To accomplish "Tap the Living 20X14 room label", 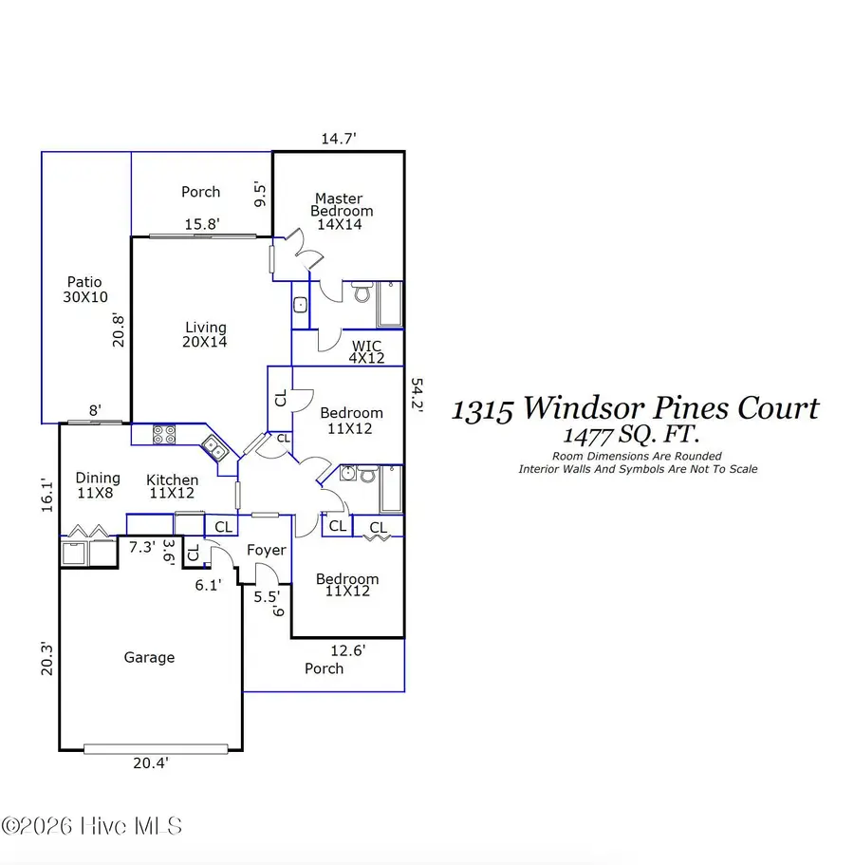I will point(205,334).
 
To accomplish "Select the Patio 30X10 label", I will point(84,289).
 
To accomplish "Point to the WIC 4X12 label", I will point(367,351).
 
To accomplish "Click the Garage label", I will point(149,657).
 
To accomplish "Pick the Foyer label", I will point(266,550).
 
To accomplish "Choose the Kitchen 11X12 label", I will point(172,486).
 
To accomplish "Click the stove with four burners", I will point(163,435).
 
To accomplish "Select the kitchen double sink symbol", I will point(213,448).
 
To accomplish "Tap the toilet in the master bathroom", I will point(362,293).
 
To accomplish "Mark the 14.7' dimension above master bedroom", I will point(338,139).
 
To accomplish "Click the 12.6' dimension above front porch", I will point(347,650).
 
